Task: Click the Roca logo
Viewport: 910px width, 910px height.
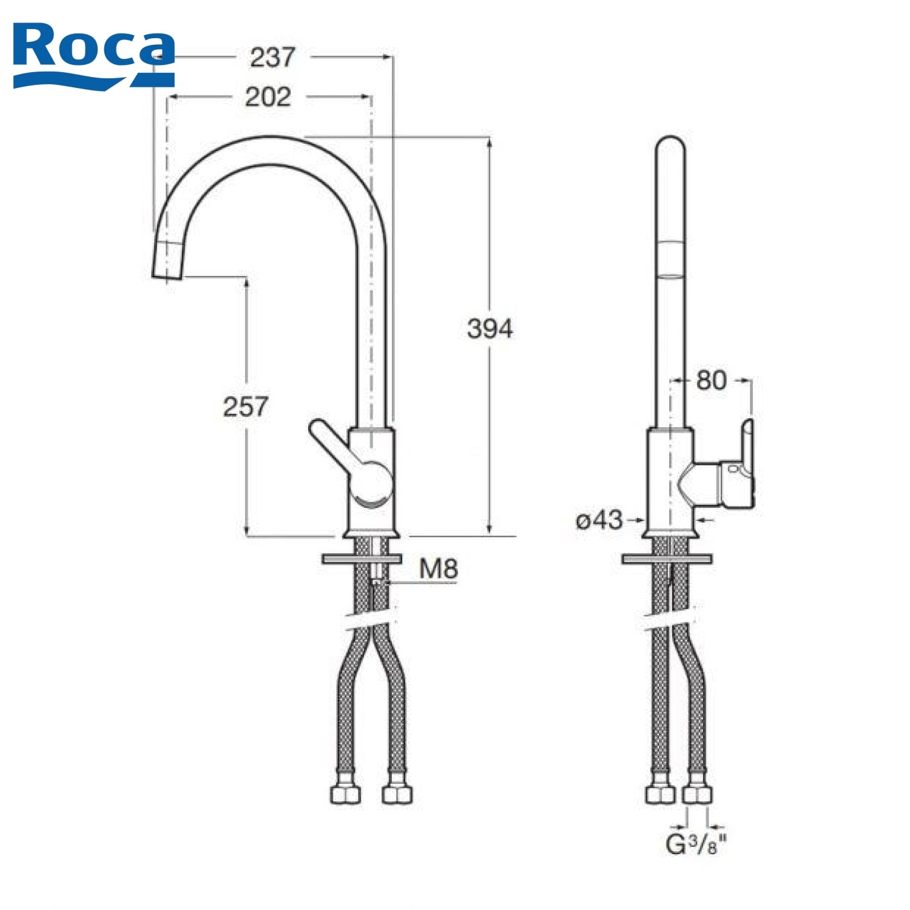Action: [94, 55]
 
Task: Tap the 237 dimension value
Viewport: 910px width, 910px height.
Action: [272, 58]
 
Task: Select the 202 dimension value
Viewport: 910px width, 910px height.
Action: [268, 97]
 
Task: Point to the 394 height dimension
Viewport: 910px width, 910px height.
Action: [490, 328]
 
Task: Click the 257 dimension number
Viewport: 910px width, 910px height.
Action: [245, 406]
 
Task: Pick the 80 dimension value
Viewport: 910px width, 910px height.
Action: [711, 380]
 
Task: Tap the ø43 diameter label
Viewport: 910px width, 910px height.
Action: [599, 520]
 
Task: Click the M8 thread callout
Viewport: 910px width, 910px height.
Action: [439, 569]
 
